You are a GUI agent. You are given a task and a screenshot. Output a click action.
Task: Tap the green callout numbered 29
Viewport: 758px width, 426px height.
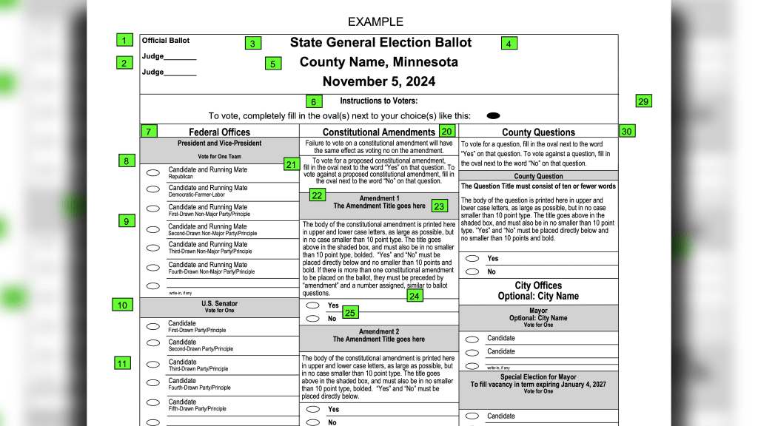(x=643, y=101)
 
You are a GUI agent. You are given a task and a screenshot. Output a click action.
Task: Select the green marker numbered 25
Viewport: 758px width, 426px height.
(x=351, y=314)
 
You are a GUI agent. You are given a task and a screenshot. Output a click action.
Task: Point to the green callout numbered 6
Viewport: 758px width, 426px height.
(x=313, y=102)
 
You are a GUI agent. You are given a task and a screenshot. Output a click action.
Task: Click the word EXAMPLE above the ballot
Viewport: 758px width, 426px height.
(x=375, y=22)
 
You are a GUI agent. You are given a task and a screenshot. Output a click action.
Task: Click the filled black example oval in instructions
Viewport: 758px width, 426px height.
(x=494, y=115)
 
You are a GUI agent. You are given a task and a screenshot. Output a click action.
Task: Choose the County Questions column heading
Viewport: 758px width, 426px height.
(x=538, y=132)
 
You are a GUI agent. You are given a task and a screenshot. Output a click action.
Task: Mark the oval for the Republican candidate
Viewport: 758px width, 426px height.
(x=152, y=172)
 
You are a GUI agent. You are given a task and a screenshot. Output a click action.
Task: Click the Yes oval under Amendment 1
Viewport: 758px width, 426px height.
(x=312, y=305)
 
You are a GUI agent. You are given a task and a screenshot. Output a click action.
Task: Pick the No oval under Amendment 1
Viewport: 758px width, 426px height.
(x=312, y=319)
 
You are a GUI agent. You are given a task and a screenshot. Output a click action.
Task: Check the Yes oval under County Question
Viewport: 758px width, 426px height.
(x=472, y=258)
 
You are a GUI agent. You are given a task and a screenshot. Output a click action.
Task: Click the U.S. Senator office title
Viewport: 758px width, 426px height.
(x=219, y=303)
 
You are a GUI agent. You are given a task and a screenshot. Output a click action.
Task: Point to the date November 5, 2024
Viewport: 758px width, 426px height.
(x=378, y=81)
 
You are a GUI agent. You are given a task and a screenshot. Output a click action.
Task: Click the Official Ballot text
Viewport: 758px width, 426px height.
(x=166, y=41)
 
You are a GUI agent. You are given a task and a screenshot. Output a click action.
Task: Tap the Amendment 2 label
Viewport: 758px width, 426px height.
(x=378, y=332)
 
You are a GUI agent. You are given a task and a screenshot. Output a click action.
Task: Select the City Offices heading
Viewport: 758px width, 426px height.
(x=538, y=285)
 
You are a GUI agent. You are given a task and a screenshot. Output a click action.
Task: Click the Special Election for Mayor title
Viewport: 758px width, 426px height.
(x=538, y=377)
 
